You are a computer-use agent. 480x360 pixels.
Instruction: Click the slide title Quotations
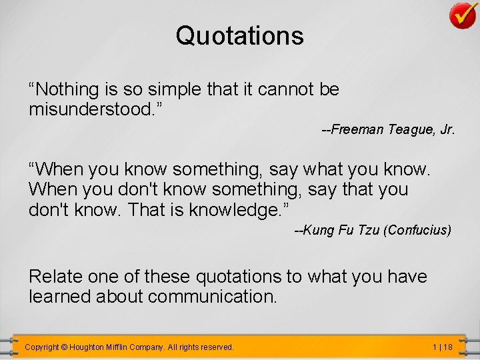click(239, 35)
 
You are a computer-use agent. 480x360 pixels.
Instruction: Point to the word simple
click(173, 89)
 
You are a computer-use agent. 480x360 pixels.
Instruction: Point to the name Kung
click(317, 231)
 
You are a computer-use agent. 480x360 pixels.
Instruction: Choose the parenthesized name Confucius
click(419, 231)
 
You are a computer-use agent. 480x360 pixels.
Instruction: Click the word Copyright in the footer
click(41, 347)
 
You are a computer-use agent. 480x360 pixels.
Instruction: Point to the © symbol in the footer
click(64, 347)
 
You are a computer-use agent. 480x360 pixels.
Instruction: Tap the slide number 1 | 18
click(442, 347)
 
